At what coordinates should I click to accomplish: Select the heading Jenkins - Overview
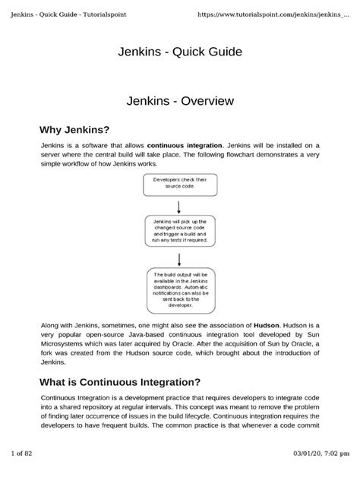click(179, 100)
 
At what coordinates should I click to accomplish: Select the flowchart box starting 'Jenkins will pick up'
click(179, 231)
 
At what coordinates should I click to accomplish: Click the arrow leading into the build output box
click(179, 257)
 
